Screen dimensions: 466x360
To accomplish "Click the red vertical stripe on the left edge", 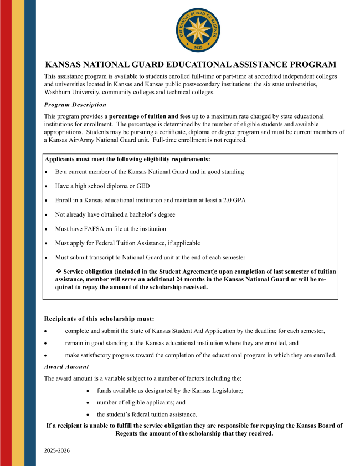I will tap(6, 233).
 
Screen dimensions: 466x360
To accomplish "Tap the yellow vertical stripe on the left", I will tap(18, 233).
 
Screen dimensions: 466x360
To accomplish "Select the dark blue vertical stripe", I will tap(30, 233).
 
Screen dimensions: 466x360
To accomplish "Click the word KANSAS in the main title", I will tap(65, 65).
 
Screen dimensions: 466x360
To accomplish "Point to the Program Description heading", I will tap(75, 105).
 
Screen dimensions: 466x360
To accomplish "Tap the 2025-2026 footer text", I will tap(57, 451).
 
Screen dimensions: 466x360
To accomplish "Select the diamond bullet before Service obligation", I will tap(59, 272).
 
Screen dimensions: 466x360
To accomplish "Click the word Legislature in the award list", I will tap(223, 391).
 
